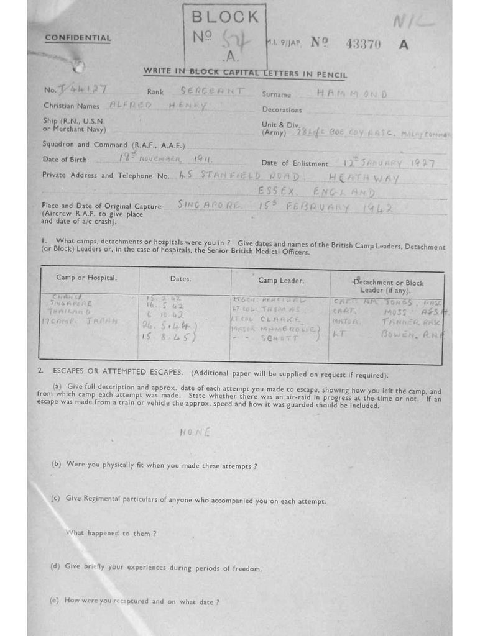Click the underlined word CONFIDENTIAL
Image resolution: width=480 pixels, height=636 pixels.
[x=78, y=38]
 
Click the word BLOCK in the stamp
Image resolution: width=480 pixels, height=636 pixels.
[x=225, y=17]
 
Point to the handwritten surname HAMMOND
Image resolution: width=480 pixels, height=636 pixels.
[x=351, y=94]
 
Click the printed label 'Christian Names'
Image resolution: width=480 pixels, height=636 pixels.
[x=72, y=106]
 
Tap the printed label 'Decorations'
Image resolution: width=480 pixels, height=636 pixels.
[x=282, y=110]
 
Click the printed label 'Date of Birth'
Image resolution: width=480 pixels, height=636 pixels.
[x=65, y=160]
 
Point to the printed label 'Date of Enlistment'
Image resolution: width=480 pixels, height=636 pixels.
[x=295, y=163]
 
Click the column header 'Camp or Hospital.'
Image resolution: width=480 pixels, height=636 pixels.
[x=86, y=278]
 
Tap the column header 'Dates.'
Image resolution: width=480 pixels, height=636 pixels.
[x=180, y=279]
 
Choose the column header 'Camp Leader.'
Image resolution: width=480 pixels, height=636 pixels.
[x=280, y=281]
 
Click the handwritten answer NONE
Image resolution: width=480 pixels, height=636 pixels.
[x=195, y=432]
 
